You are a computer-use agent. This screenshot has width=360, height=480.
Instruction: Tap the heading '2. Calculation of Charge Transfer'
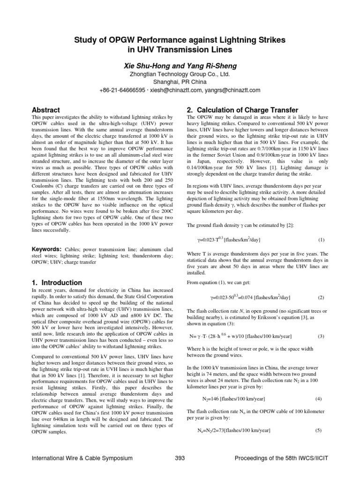tap(242, 110)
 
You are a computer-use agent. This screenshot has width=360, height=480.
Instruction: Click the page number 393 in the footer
tap(180, 457)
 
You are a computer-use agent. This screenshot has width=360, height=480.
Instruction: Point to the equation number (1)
tap(321, 240)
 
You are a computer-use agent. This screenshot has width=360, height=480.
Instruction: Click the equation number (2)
tap(321, 298)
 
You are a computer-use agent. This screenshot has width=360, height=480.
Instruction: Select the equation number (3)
tap(321, 336)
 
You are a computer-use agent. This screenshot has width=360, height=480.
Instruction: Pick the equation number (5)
tap(318, 430)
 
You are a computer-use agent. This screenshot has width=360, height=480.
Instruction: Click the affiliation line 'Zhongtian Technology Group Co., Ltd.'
tap(180, 74)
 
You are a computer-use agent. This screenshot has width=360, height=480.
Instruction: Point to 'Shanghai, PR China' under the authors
tap(180, 82)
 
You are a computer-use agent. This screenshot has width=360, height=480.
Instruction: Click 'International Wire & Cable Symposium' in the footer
tap(82, 457)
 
